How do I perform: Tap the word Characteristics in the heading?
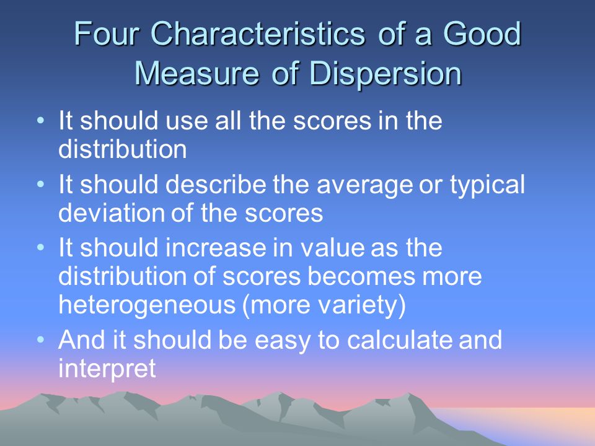pyautogui.click(x=258, y=33)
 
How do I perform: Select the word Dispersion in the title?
pyautogui.click(x=386, y=73)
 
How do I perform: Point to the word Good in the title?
pyautogui.click(x=482, y=33)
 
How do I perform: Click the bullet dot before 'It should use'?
pyautogui.click(x=41, y=121)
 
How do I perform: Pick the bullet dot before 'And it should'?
pyautogui.click(x=41, y=339)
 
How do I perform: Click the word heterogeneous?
pyautogui.click(x=147, y=305)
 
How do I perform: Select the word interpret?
pyautogui.click(x=107, y=368)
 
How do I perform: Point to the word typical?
pyautogui.click(x=487, y=186)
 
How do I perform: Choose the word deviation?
pyautogui.click(x=112, y=212)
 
